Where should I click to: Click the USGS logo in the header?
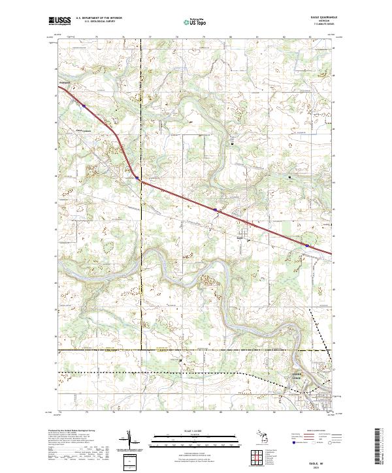coord(59,22)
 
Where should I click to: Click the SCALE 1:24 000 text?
coord(195,431)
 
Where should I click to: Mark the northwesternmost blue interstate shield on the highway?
coord(84,104)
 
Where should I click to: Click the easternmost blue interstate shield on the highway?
coord(306,245)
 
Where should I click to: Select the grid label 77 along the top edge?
coord(140,38)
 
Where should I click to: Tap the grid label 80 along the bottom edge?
coord(221,412)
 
